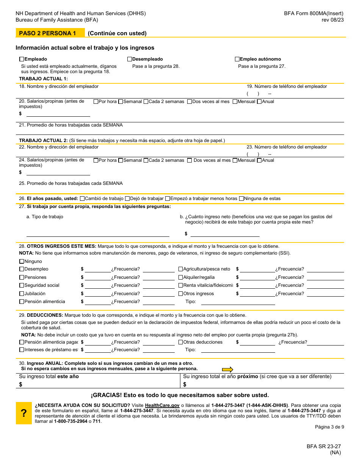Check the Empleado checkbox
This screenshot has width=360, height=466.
tap(22, 59)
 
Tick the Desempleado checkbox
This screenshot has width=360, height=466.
tap(130, 59)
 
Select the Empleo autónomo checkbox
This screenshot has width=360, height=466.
tap(237, 59)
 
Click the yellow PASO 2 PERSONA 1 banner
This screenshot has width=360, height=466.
tap(50, 33)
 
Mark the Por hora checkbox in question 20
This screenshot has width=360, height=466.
tap(96, 102)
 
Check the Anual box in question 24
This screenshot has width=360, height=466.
tap(259, 160)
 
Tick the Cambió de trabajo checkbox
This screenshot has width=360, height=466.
tap(82, 199)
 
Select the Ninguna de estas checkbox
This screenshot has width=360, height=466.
tap(241, 199)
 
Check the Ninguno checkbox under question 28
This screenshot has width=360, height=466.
tap(22, 261)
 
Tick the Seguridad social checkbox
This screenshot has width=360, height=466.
tap(22, 285)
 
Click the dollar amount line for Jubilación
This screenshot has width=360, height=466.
tap(98, 294)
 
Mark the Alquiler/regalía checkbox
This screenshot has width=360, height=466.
tap(181, 277)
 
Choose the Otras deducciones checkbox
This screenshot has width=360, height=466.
tap(181, 342)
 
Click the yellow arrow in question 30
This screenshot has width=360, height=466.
tap(227, 369)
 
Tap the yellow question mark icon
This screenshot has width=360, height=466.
tap(23, 413)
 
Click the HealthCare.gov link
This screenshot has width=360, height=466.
tap(162, 405)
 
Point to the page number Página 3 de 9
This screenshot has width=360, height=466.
tap(329, 427)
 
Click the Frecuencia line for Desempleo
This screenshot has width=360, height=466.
tap(158, 270)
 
